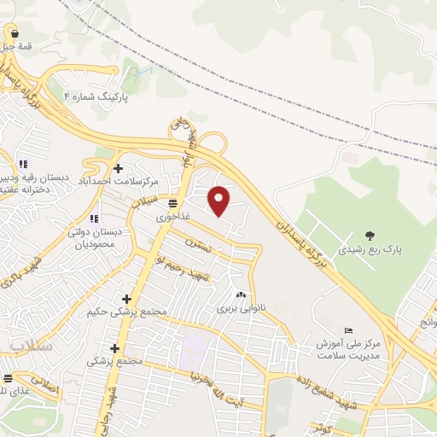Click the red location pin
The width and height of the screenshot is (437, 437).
click(x=220, y=200)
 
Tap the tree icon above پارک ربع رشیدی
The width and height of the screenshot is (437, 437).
click(x=369, y=236)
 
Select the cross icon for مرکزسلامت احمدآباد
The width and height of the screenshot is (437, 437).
click(x=117, y=168)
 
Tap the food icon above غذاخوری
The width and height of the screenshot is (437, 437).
click(x=173, y=204)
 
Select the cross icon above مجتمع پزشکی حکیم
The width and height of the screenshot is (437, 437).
click(x=127, y=299)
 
